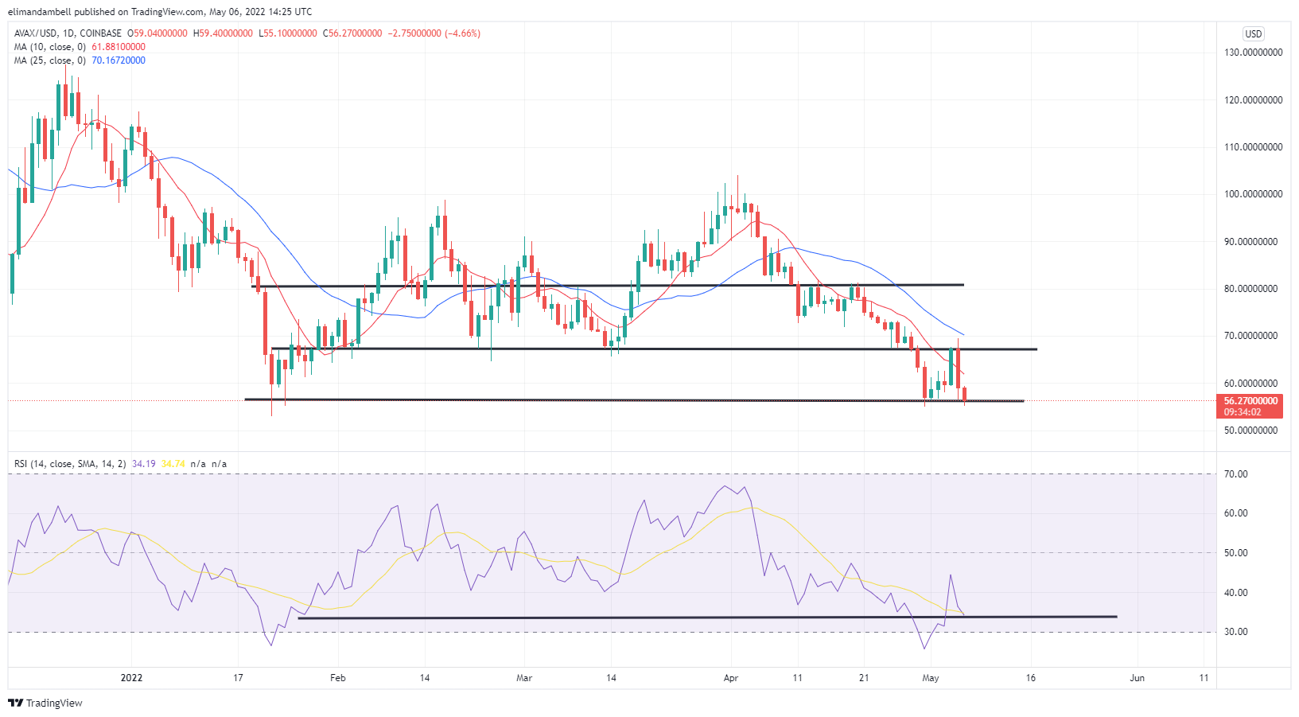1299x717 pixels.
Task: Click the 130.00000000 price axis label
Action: click(x=1253, y=53)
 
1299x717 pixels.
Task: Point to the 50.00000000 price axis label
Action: click(x=1253, y=431)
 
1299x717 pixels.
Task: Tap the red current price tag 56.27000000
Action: click(x=1250, y=401)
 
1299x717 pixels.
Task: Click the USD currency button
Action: click(x=1254, y=34)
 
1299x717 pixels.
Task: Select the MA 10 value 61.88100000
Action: click(x=119, y=47)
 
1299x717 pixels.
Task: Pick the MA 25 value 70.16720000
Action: click(x=119, y=60)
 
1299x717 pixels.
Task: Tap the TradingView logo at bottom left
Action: click(x=45, y=703)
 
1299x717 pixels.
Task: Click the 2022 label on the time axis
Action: click(x=131, y=678)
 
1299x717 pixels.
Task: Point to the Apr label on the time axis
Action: click(x=731, y=678)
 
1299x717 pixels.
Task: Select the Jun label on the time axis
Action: click(x=1138, y=678)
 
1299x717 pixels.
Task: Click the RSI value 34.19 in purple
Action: click(x=143, y=464)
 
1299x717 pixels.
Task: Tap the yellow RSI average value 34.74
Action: click(x=173, y=464)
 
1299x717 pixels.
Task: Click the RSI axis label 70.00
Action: click(x=1235, y=474)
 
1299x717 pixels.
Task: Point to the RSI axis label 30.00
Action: click(x=1235, y=632)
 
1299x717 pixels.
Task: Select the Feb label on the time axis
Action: click(x=338, y=678)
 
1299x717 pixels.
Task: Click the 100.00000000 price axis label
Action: click(x=1253, y=194)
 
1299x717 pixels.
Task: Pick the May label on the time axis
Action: click(x=930, y=678)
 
